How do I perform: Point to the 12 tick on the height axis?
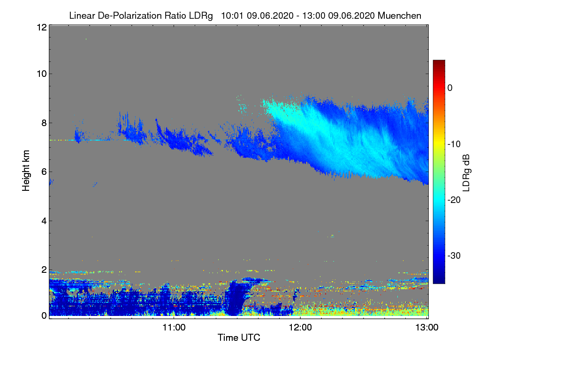[x=41, y=27]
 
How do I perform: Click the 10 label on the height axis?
[x=41, y=74]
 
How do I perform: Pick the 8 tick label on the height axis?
[x=43, y=123]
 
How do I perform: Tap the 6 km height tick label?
[x=43, y=172]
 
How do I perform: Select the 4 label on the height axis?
[x=43, y=220]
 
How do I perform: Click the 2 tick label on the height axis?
[x=43, y=270]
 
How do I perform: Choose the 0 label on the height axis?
[x=43, y=315]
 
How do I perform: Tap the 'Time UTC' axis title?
[x=239, y=337]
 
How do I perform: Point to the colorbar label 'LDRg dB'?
[x=466, y=172]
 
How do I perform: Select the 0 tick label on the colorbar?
[x=450, y=88]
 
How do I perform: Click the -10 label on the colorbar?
[x=454, y=144]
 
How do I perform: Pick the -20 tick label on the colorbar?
[x=454, y=200]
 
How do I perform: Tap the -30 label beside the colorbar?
[x=454, y=256]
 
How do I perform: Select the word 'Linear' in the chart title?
[x=83, y=15]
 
